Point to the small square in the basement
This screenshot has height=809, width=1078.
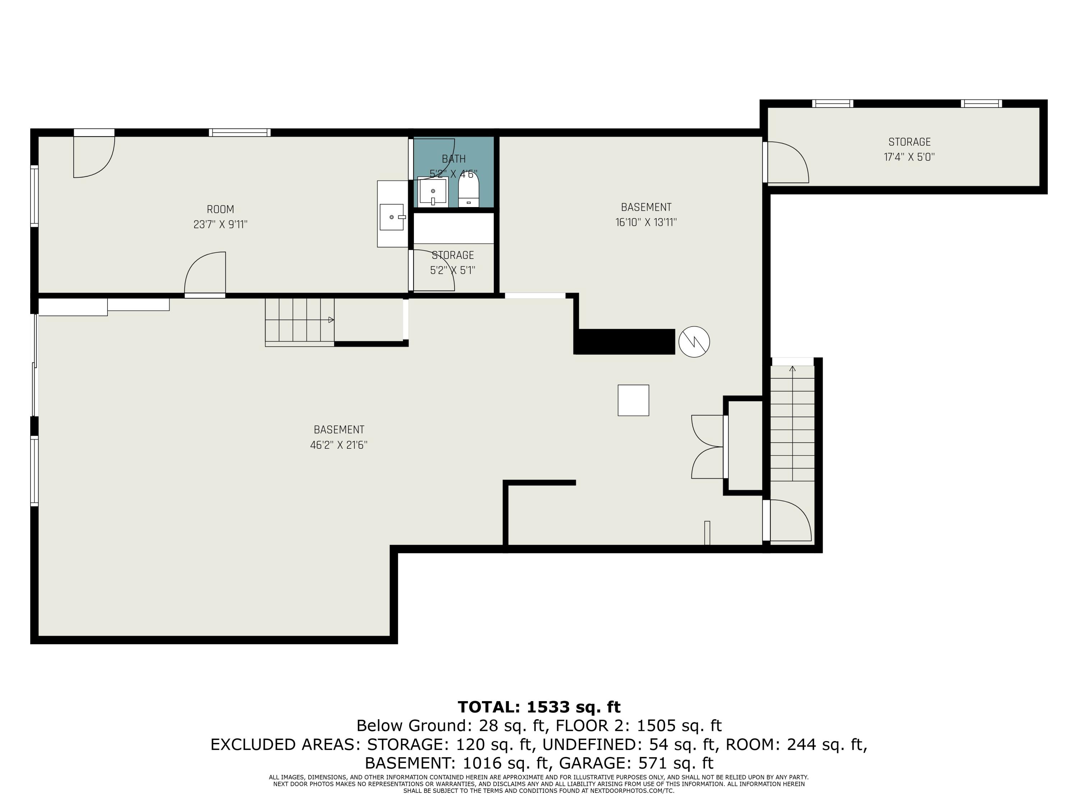pyautogui.click(x=633, y=400)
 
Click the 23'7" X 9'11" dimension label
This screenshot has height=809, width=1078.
pyautogui.click(x=220, y=224)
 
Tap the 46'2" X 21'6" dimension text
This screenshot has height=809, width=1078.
pyautogui.click(x=339, y=445)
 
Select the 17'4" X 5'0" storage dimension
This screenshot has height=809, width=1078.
pyautogui.click(x=909, y=157)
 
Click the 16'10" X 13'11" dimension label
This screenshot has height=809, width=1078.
pyautogui.click(x=646, y=222)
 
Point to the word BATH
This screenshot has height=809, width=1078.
pyautogui.click(x=454, y=159)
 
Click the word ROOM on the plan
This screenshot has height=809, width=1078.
pyautogui.click(x=220, y=209)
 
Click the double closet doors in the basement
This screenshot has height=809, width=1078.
pyautogui.click(x=708, y=447)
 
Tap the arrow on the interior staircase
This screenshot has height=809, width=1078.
pyautogui.click(x=331, y=320)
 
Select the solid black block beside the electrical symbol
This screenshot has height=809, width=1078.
pyautogui.click(x=624, y=341)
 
